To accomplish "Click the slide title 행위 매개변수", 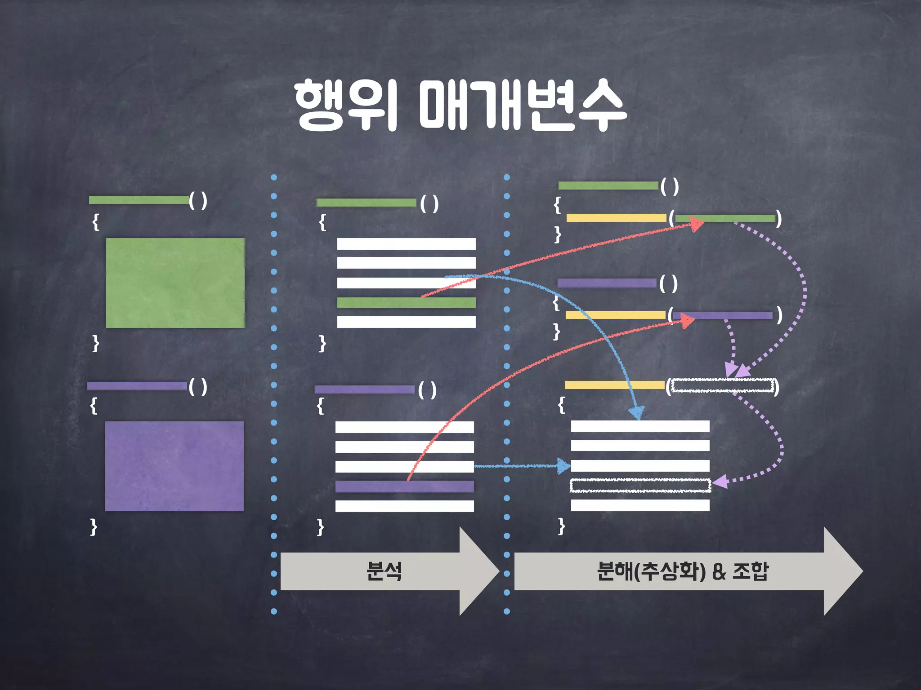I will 460,106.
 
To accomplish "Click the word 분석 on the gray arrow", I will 384,571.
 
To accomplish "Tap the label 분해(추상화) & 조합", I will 682,571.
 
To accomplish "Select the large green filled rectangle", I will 175,283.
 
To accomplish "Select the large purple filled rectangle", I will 174,466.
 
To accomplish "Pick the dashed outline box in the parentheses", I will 722,385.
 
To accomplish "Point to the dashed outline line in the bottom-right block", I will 640,486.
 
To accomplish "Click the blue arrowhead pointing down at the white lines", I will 637,412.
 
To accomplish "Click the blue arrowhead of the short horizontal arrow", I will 563,466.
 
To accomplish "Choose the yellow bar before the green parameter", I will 616,218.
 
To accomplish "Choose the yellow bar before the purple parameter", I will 615,315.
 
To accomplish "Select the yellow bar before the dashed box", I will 614,385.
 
